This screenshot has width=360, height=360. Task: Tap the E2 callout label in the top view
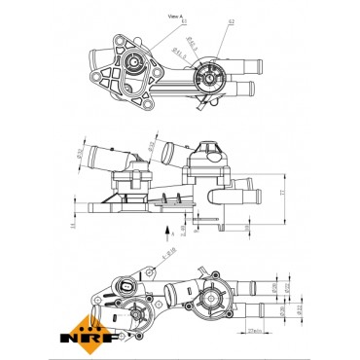pos(231,18)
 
